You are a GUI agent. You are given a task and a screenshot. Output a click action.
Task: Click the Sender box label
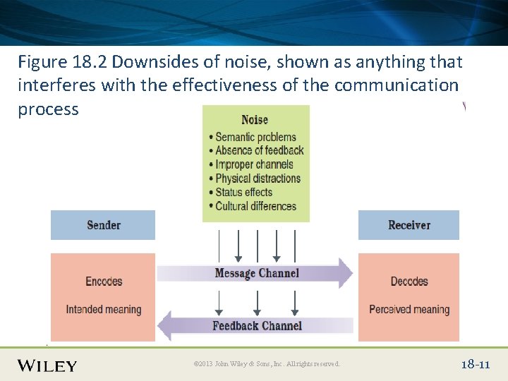click(104, 225)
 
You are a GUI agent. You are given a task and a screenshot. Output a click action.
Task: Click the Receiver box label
click(409, 225)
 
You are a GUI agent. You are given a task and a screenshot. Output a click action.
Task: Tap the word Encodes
click(104, 282)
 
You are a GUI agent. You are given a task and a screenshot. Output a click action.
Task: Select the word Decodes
click(409, 282)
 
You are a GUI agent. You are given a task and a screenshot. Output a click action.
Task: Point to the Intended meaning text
click(104, 309)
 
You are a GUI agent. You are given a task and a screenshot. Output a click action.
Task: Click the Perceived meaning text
click(409, 309)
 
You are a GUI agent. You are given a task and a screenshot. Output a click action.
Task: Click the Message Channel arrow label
click(257, 273)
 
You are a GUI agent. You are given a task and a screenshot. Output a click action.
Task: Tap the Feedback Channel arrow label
click(257, 325)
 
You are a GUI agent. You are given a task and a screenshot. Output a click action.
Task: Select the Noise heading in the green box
click(255, 120)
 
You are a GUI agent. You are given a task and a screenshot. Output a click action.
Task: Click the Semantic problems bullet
click(255, 137)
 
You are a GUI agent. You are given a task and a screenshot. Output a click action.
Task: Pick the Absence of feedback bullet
click(259, 150)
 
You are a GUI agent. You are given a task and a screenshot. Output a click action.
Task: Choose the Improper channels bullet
click(254, 164)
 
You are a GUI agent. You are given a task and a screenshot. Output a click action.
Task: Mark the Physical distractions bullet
click(258, 179)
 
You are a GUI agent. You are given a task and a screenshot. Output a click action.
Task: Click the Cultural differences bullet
click(255, 206)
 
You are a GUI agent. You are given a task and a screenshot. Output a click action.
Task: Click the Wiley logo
click(47, 365)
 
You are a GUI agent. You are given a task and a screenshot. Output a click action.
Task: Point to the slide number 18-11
click(475, 364)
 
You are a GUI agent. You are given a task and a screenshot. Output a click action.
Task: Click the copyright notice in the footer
click(267, 364)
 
